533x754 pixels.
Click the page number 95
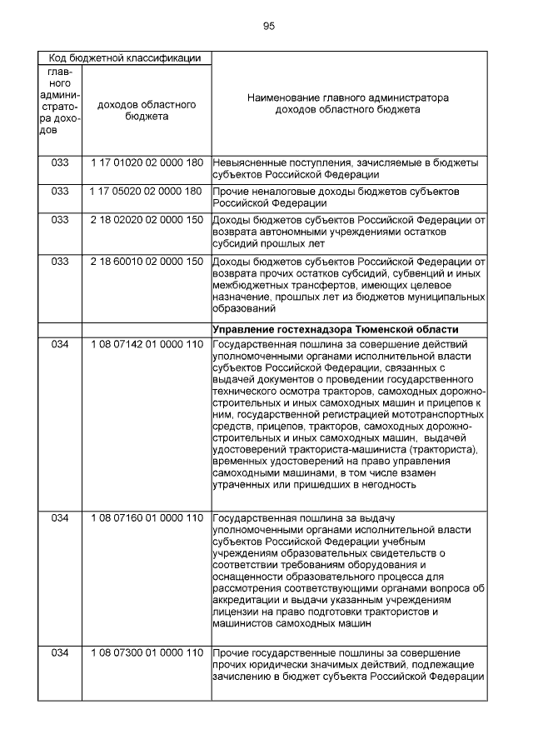[x=268, y=26]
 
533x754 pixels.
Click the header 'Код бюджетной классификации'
[x=124, y=57]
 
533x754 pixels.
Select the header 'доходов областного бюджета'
[x=147, y=111]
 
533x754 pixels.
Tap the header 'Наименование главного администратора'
[x=347, y=98]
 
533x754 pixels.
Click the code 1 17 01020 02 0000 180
[x=147, y=162]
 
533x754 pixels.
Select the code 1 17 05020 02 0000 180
[x=147, y=191]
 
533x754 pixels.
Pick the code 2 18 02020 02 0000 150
[x=147, y=220]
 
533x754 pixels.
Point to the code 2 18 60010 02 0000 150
[x=147, y=262]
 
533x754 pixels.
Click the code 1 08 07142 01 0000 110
[x=147, y=344]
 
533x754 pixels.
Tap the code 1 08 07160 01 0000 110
[x=147, y=518]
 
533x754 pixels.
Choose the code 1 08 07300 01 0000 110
[x=147, y=652]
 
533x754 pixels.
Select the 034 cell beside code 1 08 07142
[x=60, y=344]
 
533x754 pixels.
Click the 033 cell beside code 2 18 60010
[x=60, y=262]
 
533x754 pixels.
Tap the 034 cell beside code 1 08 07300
[x=60, y=652]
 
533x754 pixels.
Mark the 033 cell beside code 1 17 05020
[x=60, y=191]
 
